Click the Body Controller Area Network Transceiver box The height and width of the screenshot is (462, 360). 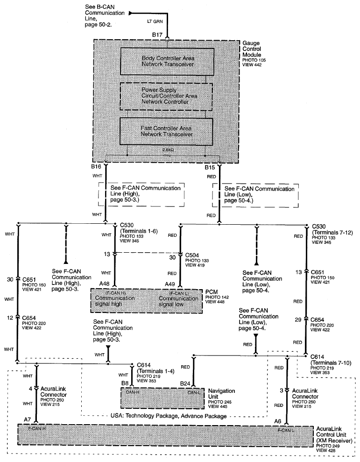coord(167,61)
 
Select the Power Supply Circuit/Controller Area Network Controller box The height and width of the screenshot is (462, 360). coord(166,96)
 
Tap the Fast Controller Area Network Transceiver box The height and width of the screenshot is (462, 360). coord(166,132)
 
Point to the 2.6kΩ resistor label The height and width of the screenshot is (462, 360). coord(168,150)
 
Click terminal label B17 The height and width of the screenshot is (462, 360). coord(157,35)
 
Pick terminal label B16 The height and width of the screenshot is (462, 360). coord(96,166)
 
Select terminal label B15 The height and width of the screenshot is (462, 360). coord(210,167)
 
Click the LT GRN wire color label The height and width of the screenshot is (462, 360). coord(155,21)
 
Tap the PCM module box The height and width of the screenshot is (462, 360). coord(147,301)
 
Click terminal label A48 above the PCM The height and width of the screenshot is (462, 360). coord(104,284)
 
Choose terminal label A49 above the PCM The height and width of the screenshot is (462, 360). coord(169,284)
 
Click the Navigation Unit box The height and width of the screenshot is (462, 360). coord(162,398)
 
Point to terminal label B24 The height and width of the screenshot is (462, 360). coord(185,384)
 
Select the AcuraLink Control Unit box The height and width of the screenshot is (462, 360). coord(165,435)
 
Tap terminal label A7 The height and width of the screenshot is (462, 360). coord(28,419)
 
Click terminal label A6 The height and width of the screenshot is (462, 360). coord(278,421)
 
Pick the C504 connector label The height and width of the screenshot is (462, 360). coord(192,255)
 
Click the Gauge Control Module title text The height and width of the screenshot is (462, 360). coord(252,49)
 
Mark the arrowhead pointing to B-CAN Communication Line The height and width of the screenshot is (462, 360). coord(131,13)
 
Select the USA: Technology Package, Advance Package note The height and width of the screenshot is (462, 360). coord(169,416)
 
